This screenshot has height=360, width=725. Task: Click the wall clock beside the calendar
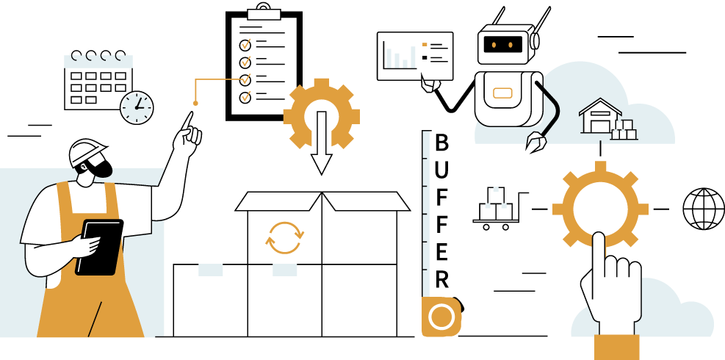point(136,107)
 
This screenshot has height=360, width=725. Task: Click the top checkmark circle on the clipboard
point(245,44)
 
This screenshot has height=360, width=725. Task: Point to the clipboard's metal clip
point(264,13)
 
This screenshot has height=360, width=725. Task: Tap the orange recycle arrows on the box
point(284,237)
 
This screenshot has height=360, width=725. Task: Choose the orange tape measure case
point(441,317)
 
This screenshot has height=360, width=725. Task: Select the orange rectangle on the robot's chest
point(502,93)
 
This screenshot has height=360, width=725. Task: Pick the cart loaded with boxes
point(496,209)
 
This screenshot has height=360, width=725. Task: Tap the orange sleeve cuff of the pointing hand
point(616,347)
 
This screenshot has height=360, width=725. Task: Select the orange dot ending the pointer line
point(196,103)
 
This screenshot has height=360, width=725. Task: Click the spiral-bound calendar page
point(97,82)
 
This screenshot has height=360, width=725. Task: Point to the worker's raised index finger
point(189,122)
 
